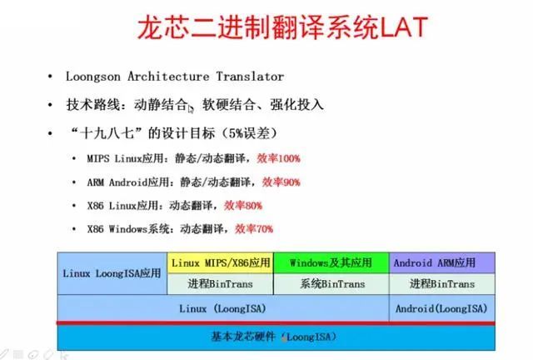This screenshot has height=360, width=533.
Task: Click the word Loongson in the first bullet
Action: [92, 77]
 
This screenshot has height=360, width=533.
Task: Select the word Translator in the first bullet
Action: [250, 76]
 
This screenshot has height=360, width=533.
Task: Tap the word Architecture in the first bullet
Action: [168, 76]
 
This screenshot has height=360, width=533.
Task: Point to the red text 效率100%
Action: [278, 158]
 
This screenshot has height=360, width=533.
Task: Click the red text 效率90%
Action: [281, 182]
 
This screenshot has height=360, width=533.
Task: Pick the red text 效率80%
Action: [243, 206]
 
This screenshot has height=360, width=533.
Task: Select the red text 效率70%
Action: [254, 228]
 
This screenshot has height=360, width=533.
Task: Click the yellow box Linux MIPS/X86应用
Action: [220, 262]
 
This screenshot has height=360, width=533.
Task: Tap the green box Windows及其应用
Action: [331, 262]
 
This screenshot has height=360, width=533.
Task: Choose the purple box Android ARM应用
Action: [442, 262]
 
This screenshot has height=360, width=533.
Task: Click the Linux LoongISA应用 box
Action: [112, 273]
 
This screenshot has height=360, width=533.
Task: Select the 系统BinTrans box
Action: [331, 284]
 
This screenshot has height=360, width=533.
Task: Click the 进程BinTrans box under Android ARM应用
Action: [442, 284]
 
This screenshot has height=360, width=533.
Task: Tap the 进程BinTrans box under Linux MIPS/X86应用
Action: [220, 284]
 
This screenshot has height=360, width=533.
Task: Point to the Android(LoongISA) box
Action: [442, 308]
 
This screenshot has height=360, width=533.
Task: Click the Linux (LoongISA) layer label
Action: [222, 308]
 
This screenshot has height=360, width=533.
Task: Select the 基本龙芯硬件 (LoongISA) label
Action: [274, 337]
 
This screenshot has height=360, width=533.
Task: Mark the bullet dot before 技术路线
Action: [50, 105]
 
